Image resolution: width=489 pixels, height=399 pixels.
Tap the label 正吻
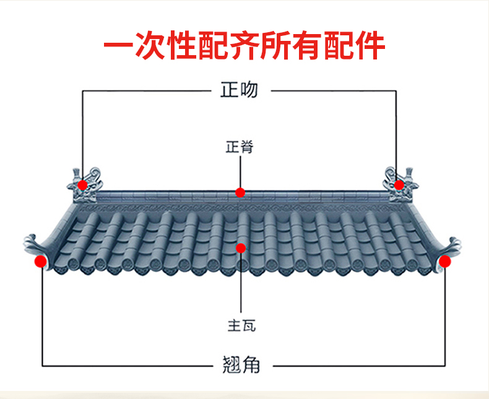(x=239, y=90)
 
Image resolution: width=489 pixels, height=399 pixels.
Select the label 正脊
(x=240, y=147)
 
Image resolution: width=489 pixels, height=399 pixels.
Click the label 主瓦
(x=241, y=325)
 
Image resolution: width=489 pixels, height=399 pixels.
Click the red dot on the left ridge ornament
(x=82, y=185)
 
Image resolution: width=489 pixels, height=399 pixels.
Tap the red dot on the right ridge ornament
(x=399, y=185)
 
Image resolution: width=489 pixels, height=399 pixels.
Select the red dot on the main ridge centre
(x=240, y=193)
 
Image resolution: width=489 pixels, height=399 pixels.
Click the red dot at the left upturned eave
(x=40, y=261)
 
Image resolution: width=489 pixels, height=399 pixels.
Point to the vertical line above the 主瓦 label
(x=241, y=285)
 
